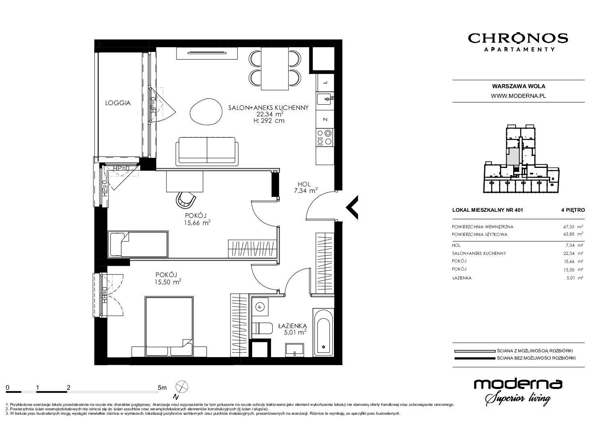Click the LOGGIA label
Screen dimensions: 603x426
tap(118, 103)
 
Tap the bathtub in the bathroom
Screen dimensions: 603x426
tap(323, 333)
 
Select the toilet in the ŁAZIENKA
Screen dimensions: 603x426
tap(262, 328)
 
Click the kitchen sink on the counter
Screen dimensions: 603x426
tap(325, 99)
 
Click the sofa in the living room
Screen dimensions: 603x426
tap(207, 151)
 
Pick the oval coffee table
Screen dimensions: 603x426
tap(206, 111)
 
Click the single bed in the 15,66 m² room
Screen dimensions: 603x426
tap(139, 244)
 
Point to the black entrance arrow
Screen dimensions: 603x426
tap(352, 207)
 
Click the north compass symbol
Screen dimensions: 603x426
tap(182, 387)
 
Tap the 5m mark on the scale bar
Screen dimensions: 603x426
tap(162, 387)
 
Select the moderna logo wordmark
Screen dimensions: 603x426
tap(518, 384)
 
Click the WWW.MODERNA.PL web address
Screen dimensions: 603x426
tap(518, 96)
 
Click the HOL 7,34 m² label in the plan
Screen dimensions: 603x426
tap(306, 188)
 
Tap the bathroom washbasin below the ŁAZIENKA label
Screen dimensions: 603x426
tap(295, 349)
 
